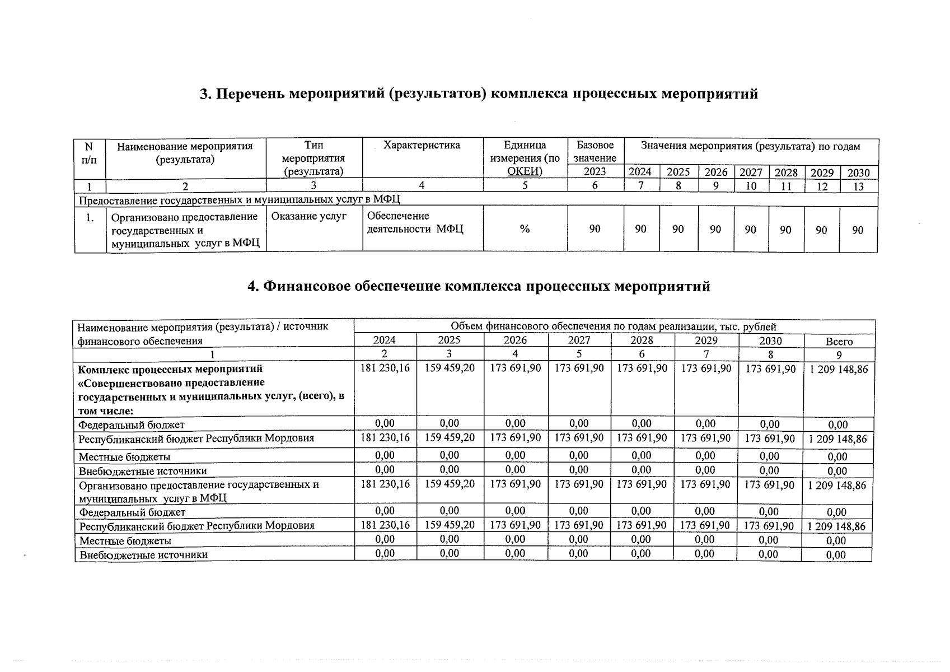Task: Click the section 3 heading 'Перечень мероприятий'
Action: coord(479,94)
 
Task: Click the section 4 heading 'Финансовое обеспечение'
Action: coord(479,286)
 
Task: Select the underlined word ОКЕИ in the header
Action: coord(524,171)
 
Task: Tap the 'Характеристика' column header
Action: coord(422,146)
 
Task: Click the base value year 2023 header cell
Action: coord(595,172)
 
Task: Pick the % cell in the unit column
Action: coord(525,229)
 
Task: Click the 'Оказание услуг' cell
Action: coord(308,216)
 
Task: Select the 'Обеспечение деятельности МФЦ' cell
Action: coord(415,223)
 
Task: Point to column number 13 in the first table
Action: coord(858,186)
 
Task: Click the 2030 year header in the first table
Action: coord(858,173)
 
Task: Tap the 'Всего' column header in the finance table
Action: coord(839,342)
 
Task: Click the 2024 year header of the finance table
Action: coord(384,340)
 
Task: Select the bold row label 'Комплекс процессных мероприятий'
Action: coord(170,370)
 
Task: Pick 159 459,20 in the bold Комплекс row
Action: coord(450,368)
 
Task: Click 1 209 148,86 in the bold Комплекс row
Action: coord(838,370)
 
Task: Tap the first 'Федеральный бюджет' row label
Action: coord(132,425)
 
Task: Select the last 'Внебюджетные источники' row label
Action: coord(143,555)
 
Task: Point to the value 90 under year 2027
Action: coord(750,230)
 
